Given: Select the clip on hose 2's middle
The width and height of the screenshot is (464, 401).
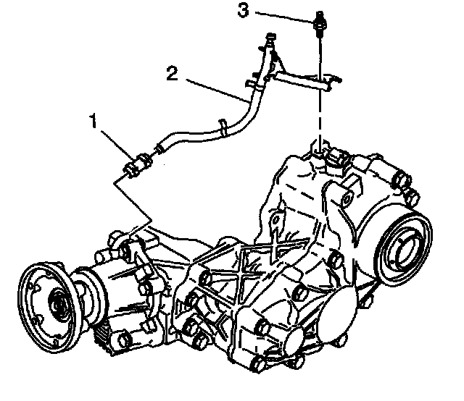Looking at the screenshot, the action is [x=225, y=129].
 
